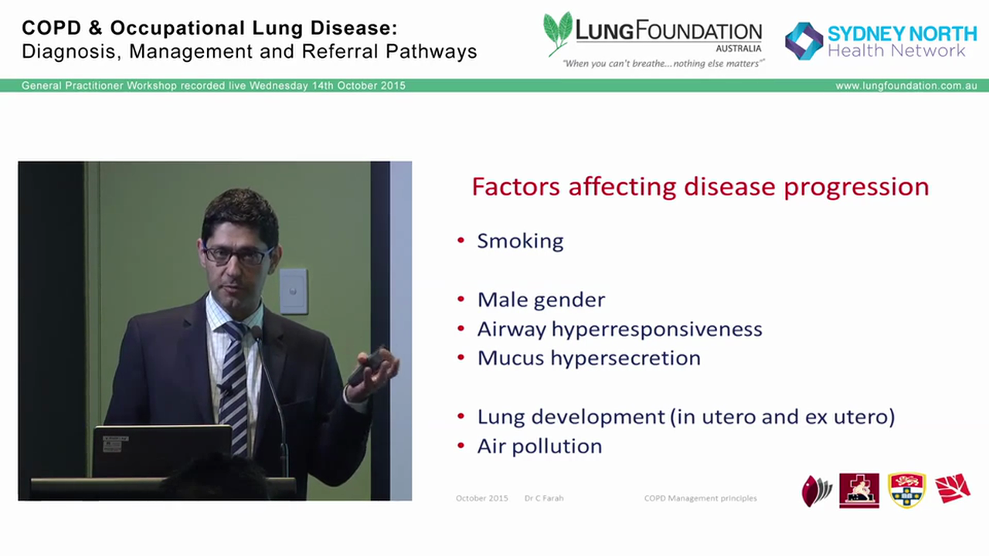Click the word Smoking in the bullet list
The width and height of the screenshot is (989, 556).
click(520, 241)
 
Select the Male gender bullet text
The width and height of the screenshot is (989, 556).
click(541, 300)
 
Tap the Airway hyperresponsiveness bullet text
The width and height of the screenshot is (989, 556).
click(619, 329)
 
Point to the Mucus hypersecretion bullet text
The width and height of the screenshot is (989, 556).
click(589, 358)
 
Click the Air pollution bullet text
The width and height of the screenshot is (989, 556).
click(539, 446)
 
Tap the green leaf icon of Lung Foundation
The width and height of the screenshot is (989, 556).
click(558, 32)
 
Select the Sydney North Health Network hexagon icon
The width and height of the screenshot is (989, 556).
click(804, 41)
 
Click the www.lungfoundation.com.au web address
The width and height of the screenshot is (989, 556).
click(906, 86)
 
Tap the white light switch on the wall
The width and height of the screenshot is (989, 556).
click(294, 291)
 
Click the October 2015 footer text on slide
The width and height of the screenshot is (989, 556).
click(481, 498)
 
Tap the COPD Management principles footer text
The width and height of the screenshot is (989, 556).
click(700, 498)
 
